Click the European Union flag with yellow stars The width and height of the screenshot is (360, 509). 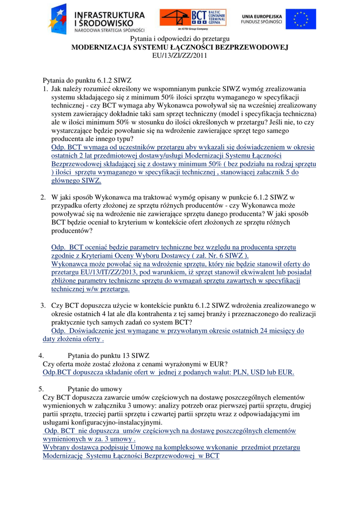(x=304, y=19)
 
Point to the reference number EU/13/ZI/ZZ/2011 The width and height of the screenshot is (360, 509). (x=180, y=56)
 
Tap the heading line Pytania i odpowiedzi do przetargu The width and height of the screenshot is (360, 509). (x=180, y=39)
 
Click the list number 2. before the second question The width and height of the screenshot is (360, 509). (x=44, y=197)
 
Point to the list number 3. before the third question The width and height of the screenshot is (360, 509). (x=44, y=305)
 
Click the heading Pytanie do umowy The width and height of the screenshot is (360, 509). (x=94, y=389)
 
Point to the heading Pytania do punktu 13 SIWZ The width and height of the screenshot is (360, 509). (x=108, y=355)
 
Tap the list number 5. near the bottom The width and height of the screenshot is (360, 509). (x=41, y=389)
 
